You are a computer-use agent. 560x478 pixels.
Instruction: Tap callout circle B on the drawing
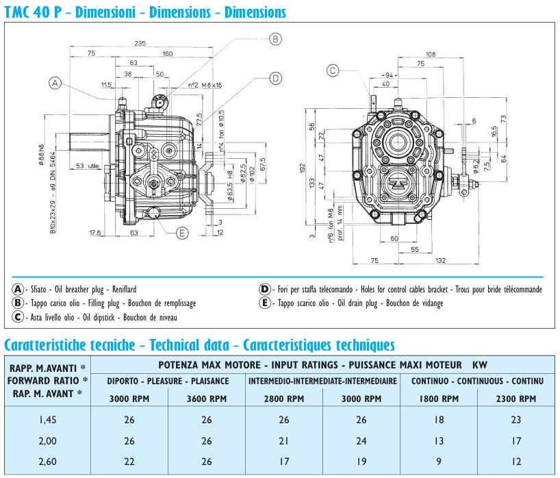tap(275, 39)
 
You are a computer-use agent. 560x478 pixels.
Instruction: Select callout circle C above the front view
tap(333, 69)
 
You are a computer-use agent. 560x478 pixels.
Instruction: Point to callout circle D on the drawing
tap(275, 78)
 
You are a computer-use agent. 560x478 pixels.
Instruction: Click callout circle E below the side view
tap(182, 233)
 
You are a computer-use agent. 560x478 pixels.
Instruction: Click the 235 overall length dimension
tap(140, 43)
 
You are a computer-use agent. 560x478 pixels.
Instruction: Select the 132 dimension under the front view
tap(440, 260)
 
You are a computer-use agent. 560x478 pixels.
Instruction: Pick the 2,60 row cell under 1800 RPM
tap(439, 462)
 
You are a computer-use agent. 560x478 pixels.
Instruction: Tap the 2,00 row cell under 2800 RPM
tap(284, 442)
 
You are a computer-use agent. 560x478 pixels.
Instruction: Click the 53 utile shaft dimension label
tap(87, 166)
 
